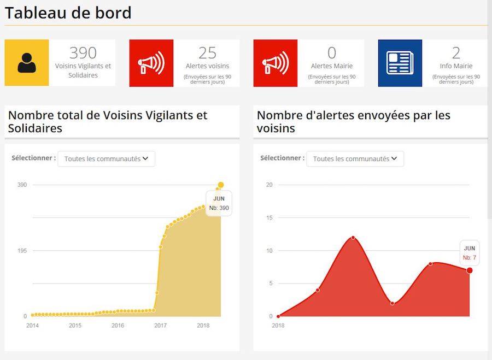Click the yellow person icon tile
coord(27,63)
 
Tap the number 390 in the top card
coord(83,53)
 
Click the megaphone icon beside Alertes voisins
coord(151,63)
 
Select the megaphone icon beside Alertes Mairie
coord(276,63)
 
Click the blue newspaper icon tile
coord(400,63)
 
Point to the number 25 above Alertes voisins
coord(208,53)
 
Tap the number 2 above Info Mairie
coord(456,53)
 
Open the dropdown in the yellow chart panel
coord(107,159)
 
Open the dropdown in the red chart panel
coord(355,159)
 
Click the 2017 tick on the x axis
coord(160,326)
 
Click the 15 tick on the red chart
coord(269,218)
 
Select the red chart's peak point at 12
coord(353,238)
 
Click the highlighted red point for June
coord(470,270)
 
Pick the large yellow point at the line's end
coord(221,185)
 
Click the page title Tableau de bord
coord(68,13)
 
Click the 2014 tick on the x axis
coord(33,326)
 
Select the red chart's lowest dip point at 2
coord(393,303)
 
